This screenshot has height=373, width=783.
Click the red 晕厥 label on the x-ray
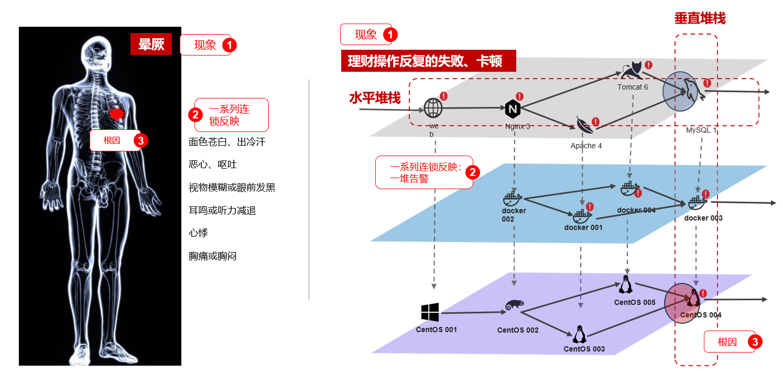tap(151, 44)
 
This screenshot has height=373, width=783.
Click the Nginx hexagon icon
tap(513, 109)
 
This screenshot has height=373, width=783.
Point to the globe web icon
tap(433, 108)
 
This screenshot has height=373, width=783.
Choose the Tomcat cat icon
tap(632, 70)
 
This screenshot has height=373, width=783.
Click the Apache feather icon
tap(585, 125)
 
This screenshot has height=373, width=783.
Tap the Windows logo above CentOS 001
tap(430, 312)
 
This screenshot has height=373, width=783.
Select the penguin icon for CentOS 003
tap(580, 334)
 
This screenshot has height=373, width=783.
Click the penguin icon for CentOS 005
tap(626, 284)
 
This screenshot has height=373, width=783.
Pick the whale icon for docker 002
tap(512, 199)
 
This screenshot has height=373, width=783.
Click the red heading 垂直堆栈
tap(700, 18)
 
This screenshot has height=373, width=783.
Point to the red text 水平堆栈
tap(375, 98)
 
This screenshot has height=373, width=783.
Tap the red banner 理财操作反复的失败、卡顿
tap(428, 61)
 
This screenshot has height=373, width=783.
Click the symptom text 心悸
tap(198, 233)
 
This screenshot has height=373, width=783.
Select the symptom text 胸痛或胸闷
tap(213, 256)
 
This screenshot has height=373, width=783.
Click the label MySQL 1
tap(701, 130)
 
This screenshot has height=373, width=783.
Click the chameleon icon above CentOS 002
tap(515, 305)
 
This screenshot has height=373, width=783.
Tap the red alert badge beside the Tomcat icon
tap(648, 64)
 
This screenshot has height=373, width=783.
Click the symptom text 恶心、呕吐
tap(213, 164)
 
